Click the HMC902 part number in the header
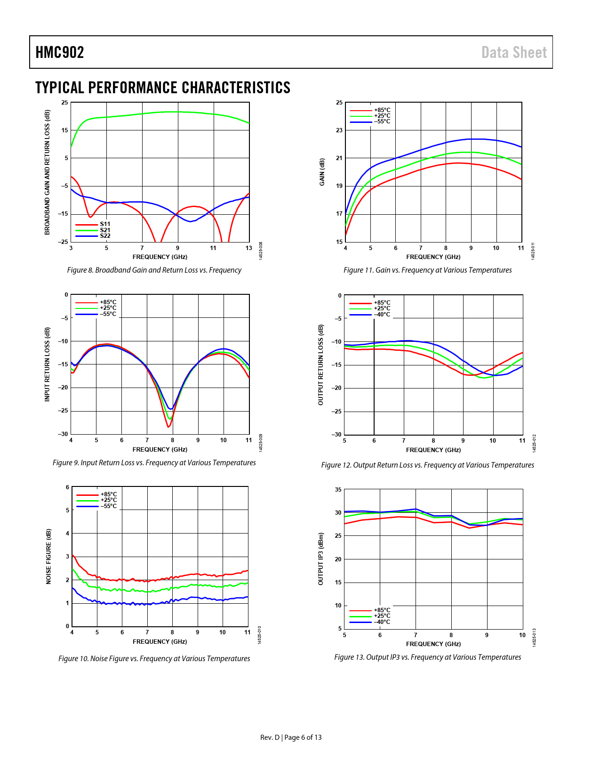click(x=60, y=52)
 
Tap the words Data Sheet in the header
click(x=514, y=52)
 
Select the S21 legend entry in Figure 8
click(x=104, y=230)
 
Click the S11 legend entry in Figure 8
click(x=104, y=224)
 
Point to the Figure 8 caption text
click(x=154, y=270)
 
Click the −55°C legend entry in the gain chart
click(x=382, y=121)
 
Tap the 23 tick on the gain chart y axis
click(x=339, y=130)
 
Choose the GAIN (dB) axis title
click(x=322, y=172)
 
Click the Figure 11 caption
click(x=427, y=270)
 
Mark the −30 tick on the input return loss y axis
click(x=63, y=434)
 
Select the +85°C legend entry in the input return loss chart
click(x=108, y=302)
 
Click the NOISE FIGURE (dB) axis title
click(x=48, y=557)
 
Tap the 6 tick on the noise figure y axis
click(x=67, y=487)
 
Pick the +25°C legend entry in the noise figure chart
click(x=109, y=500)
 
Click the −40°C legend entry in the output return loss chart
click(x=382, y=315)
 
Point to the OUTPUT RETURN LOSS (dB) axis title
click(x=321, y=364)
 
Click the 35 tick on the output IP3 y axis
click(x=338, y=490)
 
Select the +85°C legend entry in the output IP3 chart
click(x=382, y=610)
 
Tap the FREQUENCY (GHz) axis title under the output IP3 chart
click(x=433, y=644)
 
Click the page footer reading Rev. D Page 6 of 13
click(x=291, y=737)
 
